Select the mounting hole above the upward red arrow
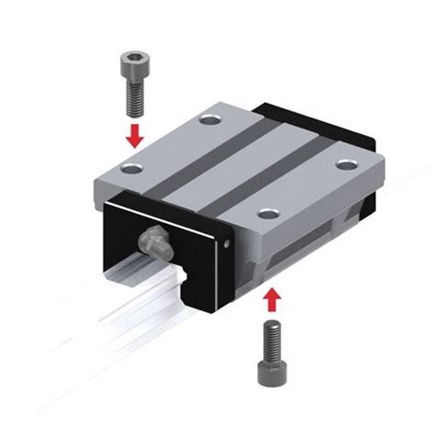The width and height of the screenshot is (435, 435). click(267, 213)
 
